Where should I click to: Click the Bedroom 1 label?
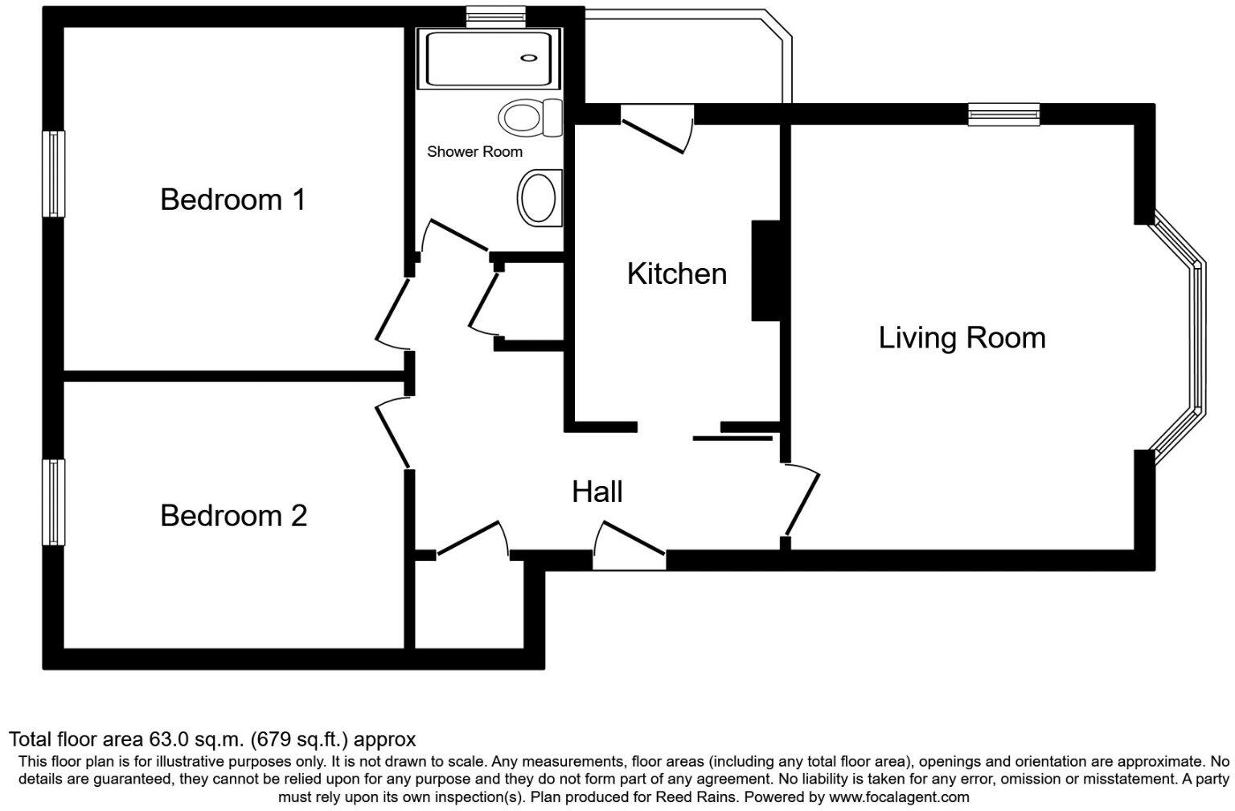(x=233, y=200)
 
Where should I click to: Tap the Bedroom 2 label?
(x=233, y=516)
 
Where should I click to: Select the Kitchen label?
(x=676, y=274)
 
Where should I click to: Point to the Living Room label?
(x=962, y=337)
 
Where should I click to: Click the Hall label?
(x=597, y=492)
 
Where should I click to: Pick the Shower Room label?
(x=474, y=151)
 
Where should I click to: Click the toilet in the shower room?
(x=531, y=117)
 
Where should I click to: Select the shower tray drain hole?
(x=528, y=58)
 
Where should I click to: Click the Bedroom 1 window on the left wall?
(x=53, y=175)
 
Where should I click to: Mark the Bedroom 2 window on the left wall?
(x=53, y=502)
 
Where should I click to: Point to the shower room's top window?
(x=496, y=17)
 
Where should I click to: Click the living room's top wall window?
(x=1003, y=114)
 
